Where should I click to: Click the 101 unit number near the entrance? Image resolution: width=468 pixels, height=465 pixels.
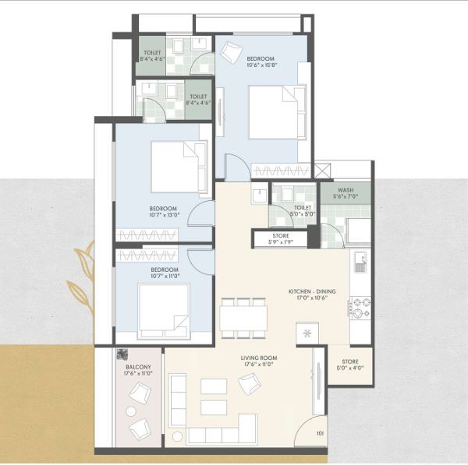pyautogui.click(x=320, y=435)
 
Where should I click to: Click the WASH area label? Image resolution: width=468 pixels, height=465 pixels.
pyautogui.click(x=346, y=190)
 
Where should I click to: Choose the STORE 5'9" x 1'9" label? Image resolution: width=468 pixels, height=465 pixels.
pyautogui.click(x=280, y=236)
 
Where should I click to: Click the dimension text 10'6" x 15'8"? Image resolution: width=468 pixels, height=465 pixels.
pyautogui.click(x=261, y=66)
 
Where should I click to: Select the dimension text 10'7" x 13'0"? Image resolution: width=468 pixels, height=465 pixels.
pyautogui.click(x=165, y=216)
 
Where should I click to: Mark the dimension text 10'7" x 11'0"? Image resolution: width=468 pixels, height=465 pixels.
pyautogui.click(x=165, y=275)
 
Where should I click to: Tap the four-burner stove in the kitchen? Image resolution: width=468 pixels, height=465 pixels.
pyautogui.click(x=360, y=307)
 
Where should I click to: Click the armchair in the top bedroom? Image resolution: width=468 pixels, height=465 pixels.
pyautogui.click(x=230, y=53)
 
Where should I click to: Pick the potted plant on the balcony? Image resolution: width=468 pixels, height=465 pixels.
pyautogui.click(x=123, y=354)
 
